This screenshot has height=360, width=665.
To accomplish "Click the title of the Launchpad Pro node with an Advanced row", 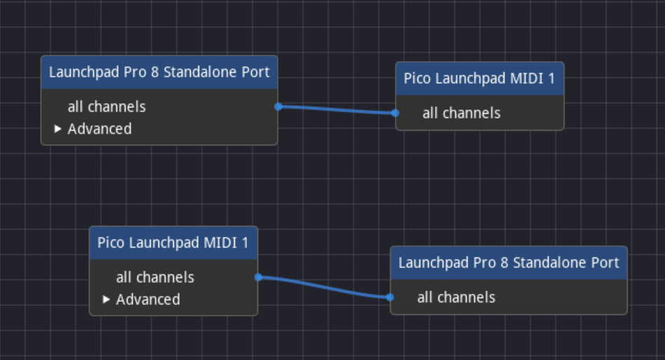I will point(159,72).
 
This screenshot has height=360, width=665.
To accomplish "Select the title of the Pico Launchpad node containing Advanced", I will point(173,243).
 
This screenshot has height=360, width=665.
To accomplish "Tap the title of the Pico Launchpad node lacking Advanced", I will point(479,79).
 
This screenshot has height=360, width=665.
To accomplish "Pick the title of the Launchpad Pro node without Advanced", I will point(509,262).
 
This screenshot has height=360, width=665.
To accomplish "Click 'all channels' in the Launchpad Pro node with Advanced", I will point(107,107).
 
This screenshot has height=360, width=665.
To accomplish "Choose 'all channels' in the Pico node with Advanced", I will point(155,277).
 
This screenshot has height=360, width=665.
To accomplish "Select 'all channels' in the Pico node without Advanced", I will point(462,113).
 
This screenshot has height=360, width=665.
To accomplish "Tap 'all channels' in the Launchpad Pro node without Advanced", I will point(456,298).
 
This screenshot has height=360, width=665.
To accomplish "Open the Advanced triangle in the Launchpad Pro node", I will point(58,129).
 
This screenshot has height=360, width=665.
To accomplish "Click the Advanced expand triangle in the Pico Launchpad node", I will point(106,300).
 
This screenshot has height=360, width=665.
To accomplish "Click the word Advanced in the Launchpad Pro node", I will point(100,129).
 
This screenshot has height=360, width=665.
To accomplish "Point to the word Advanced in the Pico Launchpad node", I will point(148,300).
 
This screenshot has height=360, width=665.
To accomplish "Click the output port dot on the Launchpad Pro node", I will point(278,107).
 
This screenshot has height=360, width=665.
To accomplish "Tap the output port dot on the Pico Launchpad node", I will point(258,277).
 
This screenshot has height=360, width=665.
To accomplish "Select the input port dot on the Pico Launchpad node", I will point(395,112).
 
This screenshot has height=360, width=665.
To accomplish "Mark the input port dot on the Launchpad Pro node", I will point(390,297).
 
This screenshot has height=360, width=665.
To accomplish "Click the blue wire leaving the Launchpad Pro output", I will point(337,109).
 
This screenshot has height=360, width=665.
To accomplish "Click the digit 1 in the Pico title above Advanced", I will point(245,243).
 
